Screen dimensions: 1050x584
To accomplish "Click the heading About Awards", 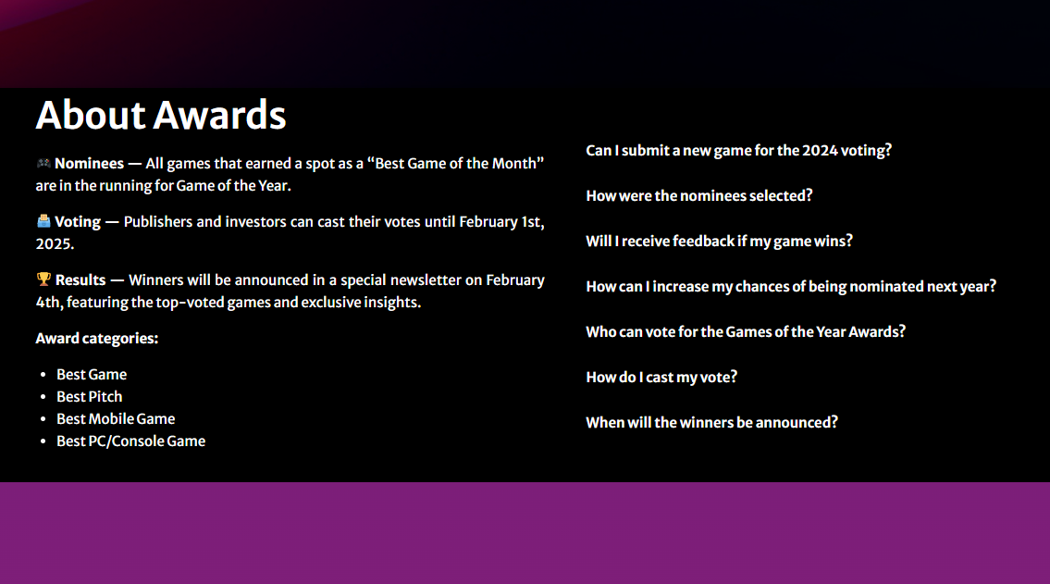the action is tap(161, 115).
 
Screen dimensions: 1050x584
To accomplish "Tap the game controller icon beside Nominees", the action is tap(43, 163).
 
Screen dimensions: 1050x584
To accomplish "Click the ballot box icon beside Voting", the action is tap(43, 221).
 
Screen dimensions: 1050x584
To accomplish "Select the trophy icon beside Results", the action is tap(43, 280).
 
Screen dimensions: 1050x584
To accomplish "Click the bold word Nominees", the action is tap(89, 164).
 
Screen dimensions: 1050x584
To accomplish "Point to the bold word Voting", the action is tap(78, 222).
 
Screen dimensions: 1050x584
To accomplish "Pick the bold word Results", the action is tap(80, 280).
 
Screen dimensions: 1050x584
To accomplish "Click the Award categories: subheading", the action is tap(97, 338).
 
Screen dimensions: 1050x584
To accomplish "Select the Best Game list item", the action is tap(92, 375).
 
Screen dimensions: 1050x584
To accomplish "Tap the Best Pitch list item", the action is tap(90, 396).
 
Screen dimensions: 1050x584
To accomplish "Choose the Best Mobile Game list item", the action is tap(116, 418).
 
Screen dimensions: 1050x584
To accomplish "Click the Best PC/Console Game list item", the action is tap(131, 441).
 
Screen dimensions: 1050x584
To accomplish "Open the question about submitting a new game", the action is tap(738, 151).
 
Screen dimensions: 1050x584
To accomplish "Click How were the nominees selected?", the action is tap(699, 195).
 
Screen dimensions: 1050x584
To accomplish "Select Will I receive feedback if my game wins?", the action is tap(719, 242).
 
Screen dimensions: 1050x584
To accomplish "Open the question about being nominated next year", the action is tap(791, 287).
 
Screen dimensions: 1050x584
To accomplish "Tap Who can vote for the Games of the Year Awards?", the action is tap(746, 331).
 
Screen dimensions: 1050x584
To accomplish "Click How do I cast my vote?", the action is tap(661, 377).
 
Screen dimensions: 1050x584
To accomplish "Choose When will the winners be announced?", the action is tap(711, 423).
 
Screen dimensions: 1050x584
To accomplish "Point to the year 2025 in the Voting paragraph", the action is tap(53, 243).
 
